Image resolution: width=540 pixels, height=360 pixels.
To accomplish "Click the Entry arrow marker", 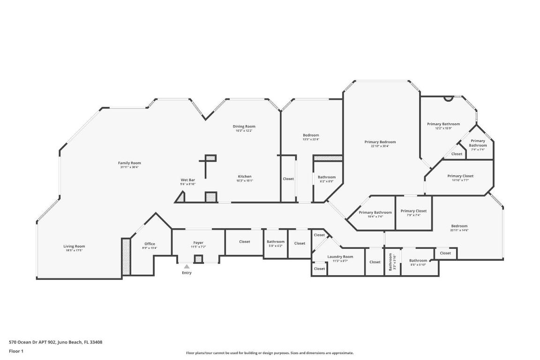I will coord(187,267).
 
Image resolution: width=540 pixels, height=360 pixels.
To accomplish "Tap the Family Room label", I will coord(129,163).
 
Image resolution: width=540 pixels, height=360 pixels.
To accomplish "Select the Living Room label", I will coord(74,246).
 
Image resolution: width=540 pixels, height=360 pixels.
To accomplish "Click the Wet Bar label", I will coord(188,180).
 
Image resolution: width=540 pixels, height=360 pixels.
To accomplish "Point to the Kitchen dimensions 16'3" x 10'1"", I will coord(244,180).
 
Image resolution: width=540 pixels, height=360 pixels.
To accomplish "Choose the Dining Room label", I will coord(244,126).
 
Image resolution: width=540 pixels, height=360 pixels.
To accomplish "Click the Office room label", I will coord(150,244).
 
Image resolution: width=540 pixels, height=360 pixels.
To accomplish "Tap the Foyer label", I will coord(198,242).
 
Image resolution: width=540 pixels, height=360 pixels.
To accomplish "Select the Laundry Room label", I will coord(340,256).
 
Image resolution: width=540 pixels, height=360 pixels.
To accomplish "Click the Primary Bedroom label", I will coord(380,142).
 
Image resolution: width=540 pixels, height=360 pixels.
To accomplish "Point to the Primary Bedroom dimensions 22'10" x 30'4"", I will coord(380,146).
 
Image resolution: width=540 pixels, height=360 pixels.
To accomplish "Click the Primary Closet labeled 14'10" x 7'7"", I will coord(460,176).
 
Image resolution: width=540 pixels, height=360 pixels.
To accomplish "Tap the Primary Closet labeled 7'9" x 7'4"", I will coord(413,211).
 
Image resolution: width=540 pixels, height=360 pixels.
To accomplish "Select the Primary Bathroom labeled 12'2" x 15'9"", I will coord(443,124).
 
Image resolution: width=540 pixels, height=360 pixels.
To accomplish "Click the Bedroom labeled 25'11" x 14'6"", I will coord(459,226).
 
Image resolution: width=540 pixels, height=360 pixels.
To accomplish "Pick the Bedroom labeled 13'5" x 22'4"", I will coord(311,135).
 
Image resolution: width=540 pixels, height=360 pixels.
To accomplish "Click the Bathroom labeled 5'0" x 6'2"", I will coord(276,241).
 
